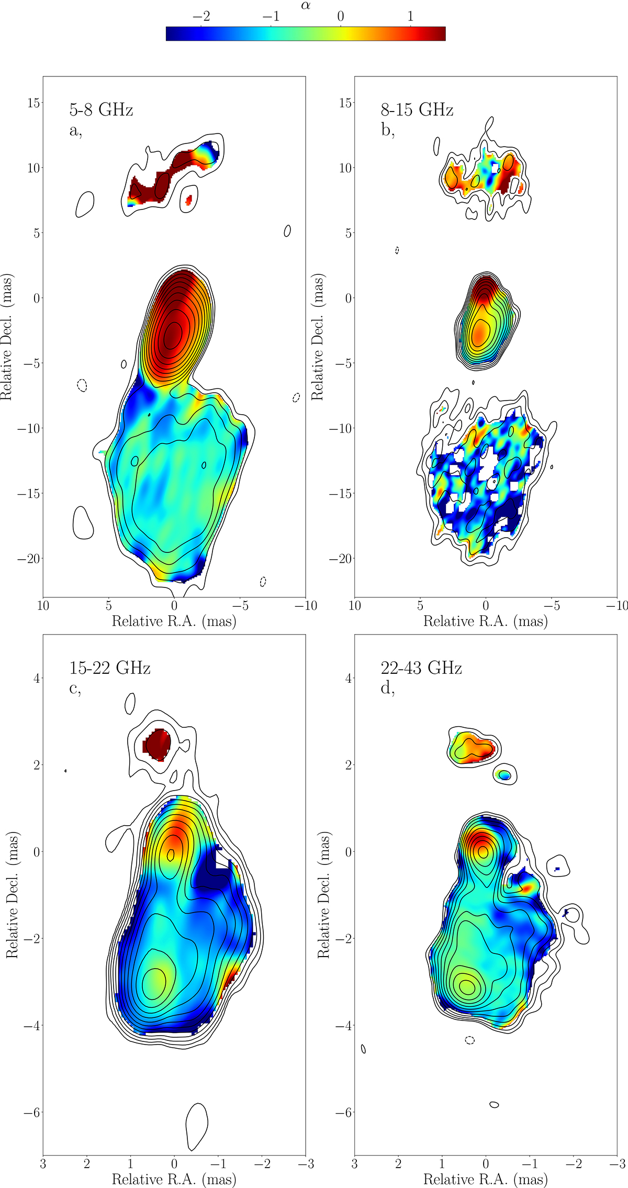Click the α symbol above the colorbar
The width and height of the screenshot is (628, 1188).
306,6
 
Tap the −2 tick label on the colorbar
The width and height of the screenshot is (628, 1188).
201,16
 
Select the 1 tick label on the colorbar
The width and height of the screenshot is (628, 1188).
410,16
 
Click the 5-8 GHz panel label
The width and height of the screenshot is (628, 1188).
101,110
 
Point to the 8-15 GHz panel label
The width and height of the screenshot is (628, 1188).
417,110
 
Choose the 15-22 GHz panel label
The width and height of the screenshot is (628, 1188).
110,668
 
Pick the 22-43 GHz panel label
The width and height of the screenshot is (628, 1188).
421,668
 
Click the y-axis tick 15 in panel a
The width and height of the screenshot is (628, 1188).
33,103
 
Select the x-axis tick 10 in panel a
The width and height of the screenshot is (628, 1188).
43,606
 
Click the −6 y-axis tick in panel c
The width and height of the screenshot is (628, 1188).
31,1113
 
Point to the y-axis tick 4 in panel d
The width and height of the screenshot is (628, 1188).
347,679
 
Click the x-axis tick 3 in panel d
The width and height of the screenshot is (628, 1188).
355,1164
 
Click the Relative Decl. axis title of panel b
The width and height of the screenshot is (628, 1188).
318,338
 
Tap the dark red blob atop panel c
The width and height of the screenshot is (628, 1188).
158,744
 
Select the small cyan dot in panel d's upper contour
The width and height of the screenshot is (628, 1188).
505,775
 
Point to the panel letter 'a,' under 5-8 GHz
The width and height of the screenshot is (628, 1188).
76,131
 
